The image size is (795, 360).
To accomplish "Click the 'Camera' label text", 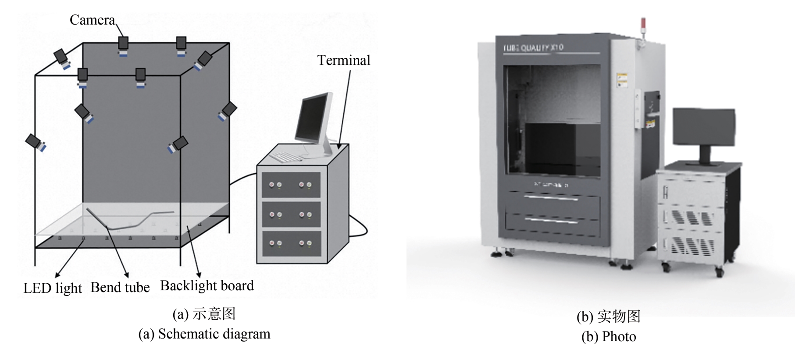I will coord(92,20).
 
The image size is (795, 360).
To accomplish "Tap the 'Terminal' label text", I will coord(343,61).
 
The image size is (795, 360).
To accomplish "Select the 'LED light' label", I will coord(53,288).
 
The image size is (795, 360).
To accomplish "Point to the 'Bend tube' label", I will coord(120,288).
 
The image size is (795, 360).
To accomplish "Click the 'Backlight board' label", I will coord(207,286).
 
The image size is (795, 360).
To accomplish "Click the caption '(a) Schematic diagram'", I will coord(204,334).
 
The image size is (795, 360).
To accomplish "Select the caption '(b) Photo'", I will coord(608,337).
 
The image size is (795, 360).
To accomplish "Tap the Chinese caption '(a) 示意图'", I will coord(204,314).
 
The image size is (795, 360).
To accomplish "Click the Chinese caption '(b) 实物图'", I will coord(608,317).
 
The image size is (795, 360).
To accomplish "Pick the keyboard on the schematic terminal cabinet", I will coord(285,156).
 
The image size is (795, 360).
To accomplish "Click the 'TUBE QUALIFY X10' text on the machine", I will coord(533,47).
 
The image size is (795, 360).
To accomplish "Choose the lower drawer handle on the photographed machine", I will coord(551,221).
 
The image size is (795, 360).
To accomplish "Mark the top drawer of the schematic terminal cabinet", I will coord(291,185).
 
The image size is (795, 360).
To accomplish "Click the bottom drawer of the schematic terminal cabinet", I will coord(291,243).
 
